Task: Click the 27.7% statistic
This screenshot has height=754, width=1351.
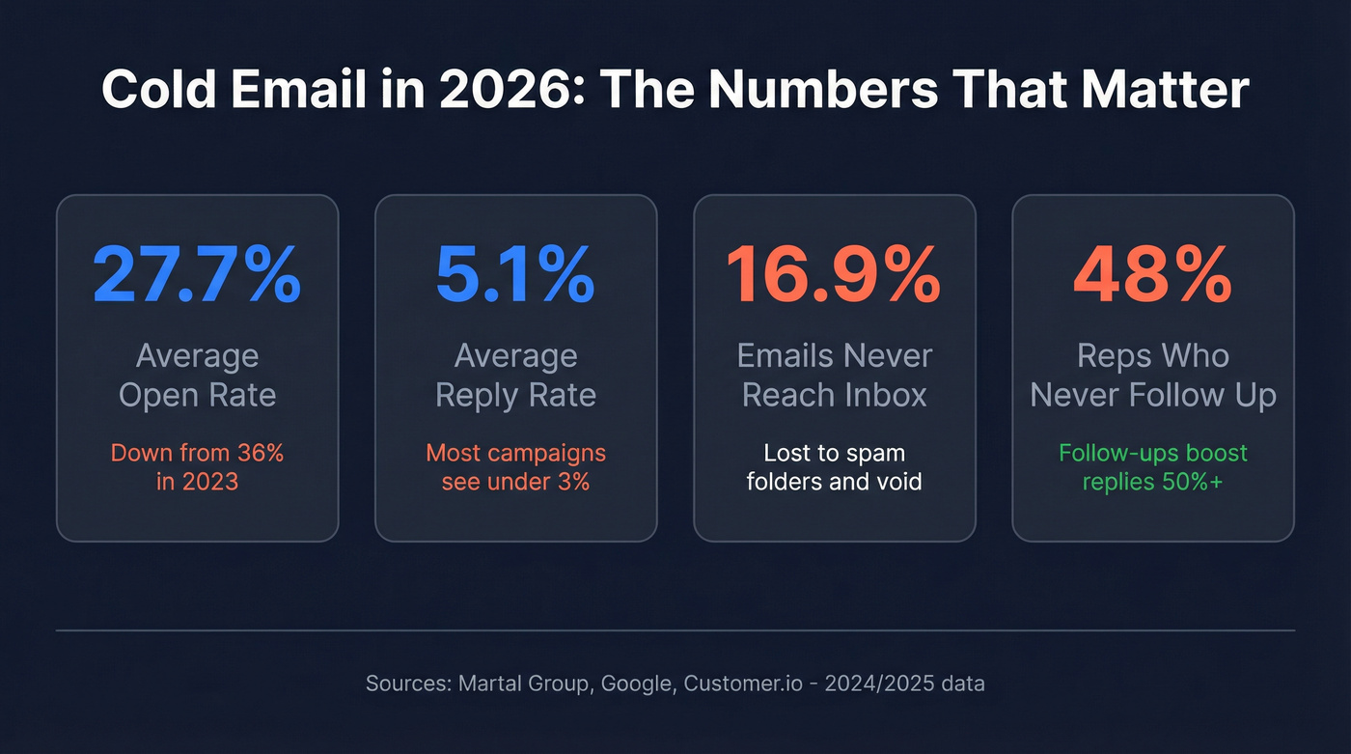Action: [x=197, y=275]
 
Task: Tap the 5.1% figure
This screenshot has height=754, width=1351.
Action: [x=515, y=275]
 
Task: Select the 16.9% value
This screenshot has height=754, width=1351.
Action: [x=834, y=275]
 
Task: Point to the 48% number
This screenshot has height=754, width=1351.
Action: [x=1152, y=275]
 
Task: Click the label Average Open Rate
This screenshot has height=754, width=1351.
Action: [x=197, y=375]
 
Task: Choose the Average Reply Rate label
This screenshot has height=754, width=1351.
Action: [x=515, y=375]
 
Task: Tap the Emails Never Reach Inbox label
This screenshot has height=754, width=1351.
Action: [x=834, y=375]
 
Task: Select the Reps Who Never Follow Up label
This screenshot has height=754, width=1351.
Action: [x=1152, y=375]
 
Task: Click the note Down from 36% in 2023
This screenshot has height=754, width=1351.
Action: [x=197, y=466]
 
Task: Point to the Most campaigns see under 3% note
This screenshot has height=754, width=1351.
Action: [x=515, y=466]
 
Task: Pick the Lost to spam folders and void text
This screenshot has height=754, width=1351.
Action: [x=834, y=466]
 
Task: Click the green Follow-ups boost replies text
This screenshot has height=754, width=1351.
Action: [x=1152, y=466]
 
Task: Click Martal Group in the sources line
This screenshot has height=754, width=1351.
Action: [x=528, y=684]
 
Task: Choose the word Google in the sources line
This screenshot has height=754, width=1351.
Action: [x=636, y=684]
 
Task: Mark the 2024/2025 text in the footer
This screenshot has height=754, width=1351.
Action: [x=889, y=684]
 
